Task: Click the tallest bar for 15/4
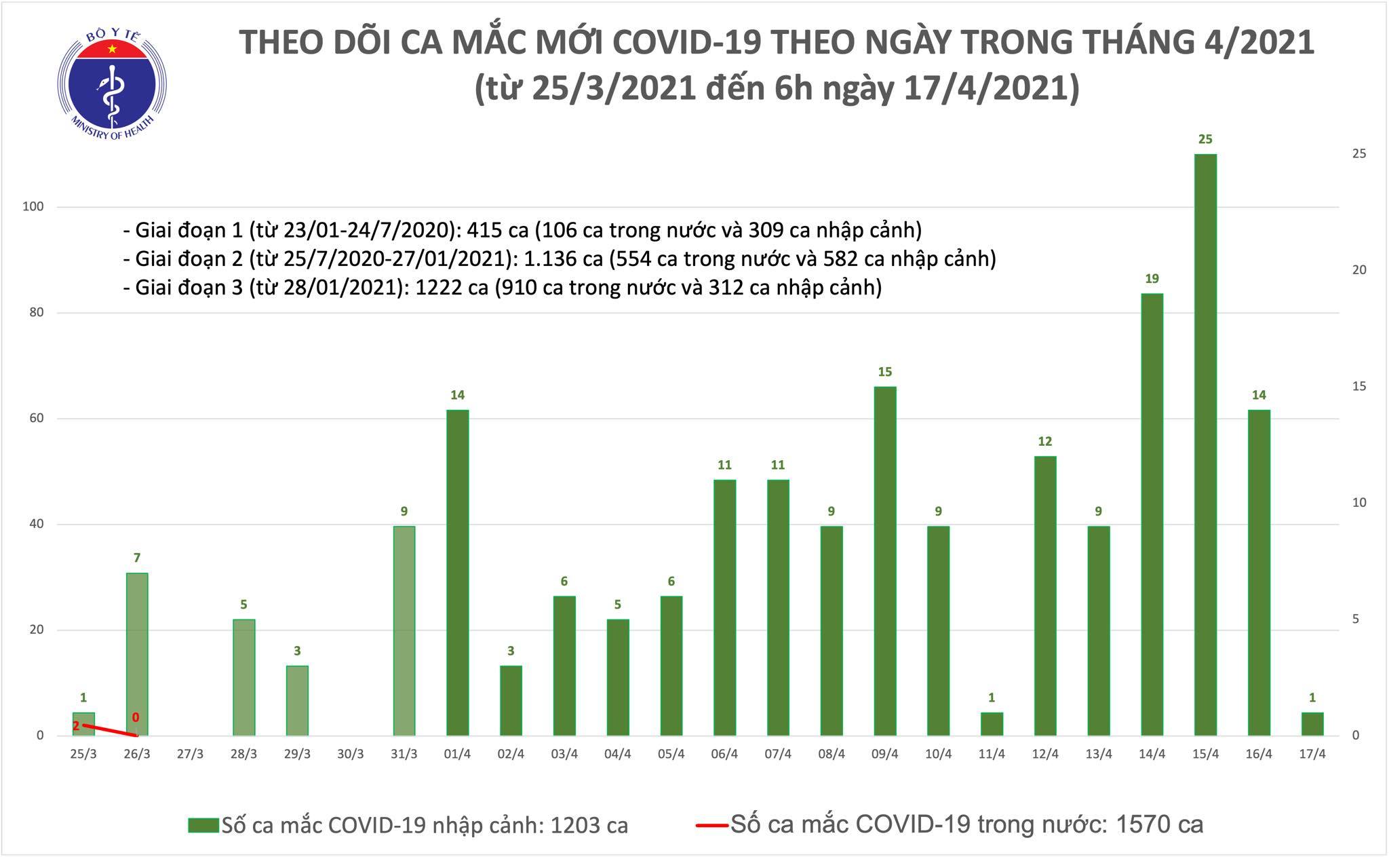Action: tap(1205, 444)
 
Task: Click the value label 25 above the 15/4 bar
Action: tap(1205, 140)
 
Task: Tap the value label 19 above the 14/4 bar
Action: tap(1152, 279)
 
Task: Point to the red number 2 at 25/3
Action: tap(76, 726)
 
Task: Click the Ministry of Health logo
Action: tap(112, 81)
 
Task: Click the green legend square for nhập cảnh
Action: tap(203, 825)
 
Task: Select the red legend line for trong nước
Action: tap(711, 825)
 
